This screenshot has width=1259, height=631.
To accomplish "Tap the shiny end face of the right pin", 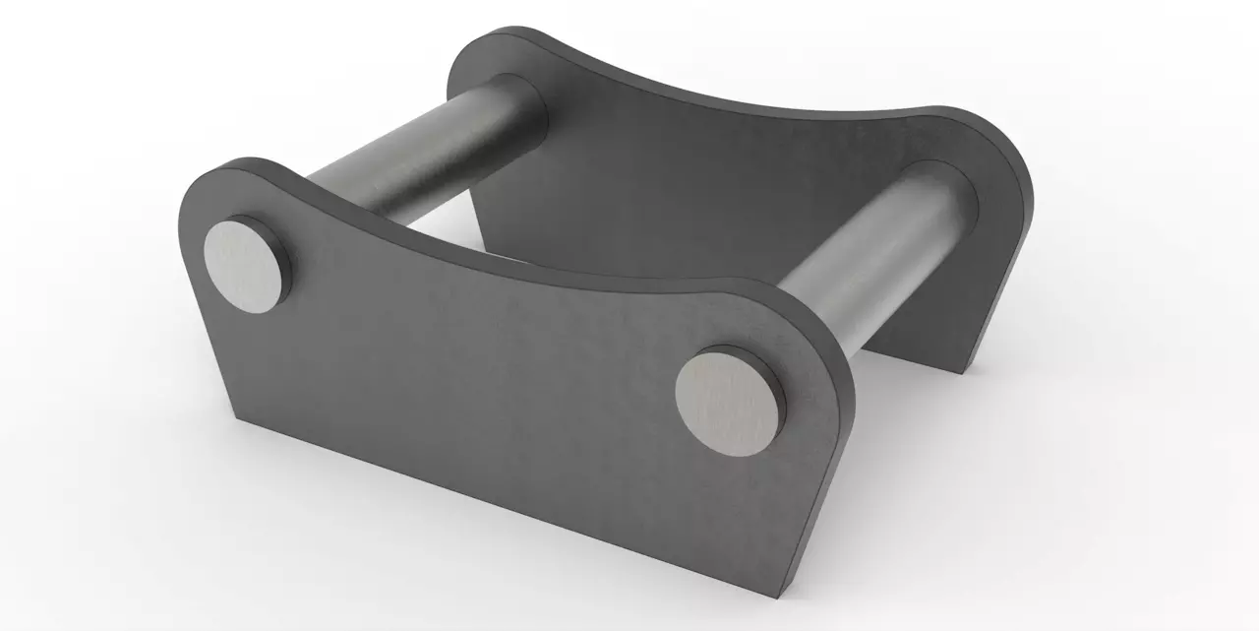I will click(x=727, y=401).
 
